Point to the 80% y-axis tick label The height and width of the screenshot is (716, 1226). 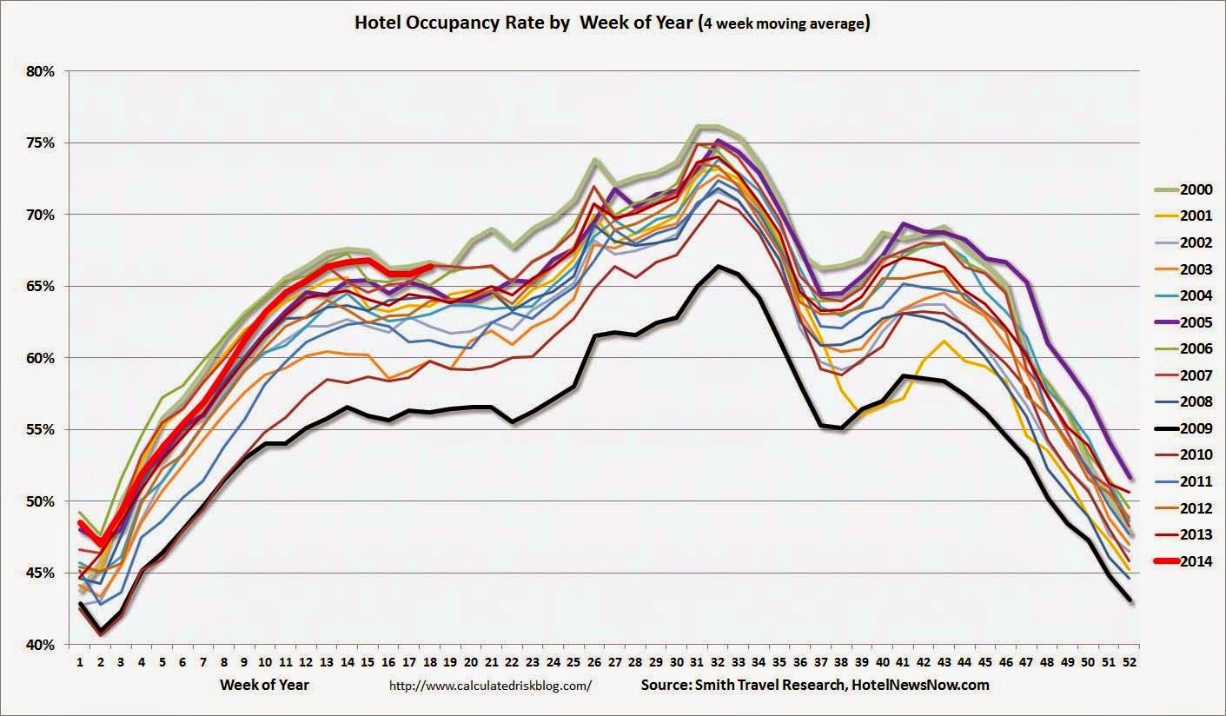click(38, 71)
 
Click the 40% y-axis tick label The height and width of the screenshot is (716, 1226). click(38, 645)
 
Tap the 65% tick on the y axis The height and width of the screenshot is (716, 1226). click(38, 287)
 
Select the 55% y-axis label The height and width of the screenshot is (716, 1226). click(38, 430)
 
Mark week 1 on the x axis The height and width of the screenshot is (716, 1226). click(80, 662)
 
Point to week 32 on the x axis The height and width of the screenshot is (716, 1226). click(717, 662)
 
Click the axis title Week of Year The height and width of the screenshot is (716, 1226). click(264, 685)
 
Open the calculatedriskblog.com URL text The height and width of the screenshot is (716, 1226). click(492, 686)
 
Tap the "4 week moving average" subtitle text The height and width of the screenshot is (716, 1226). click(785, 23)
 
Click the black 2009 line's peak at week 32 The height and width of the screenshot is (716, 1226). click(717, 267)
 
